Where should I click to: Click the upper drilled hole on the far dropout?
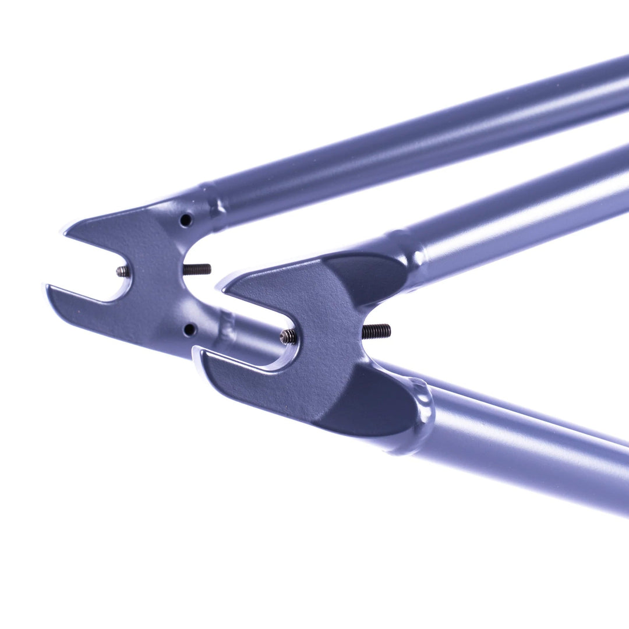(x=186, y=220)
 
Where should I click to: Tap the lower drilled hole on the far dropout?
(x=189, y=330)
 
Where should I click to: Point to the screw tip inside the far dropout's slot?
(x=123, y=271)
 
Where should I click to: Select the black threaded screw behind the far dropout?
(x=197, y=269)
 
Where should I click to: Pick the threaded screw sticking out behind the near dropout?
(x=376, y=331)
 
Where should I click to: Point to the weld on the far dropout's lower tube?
(x=227, y=329)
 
